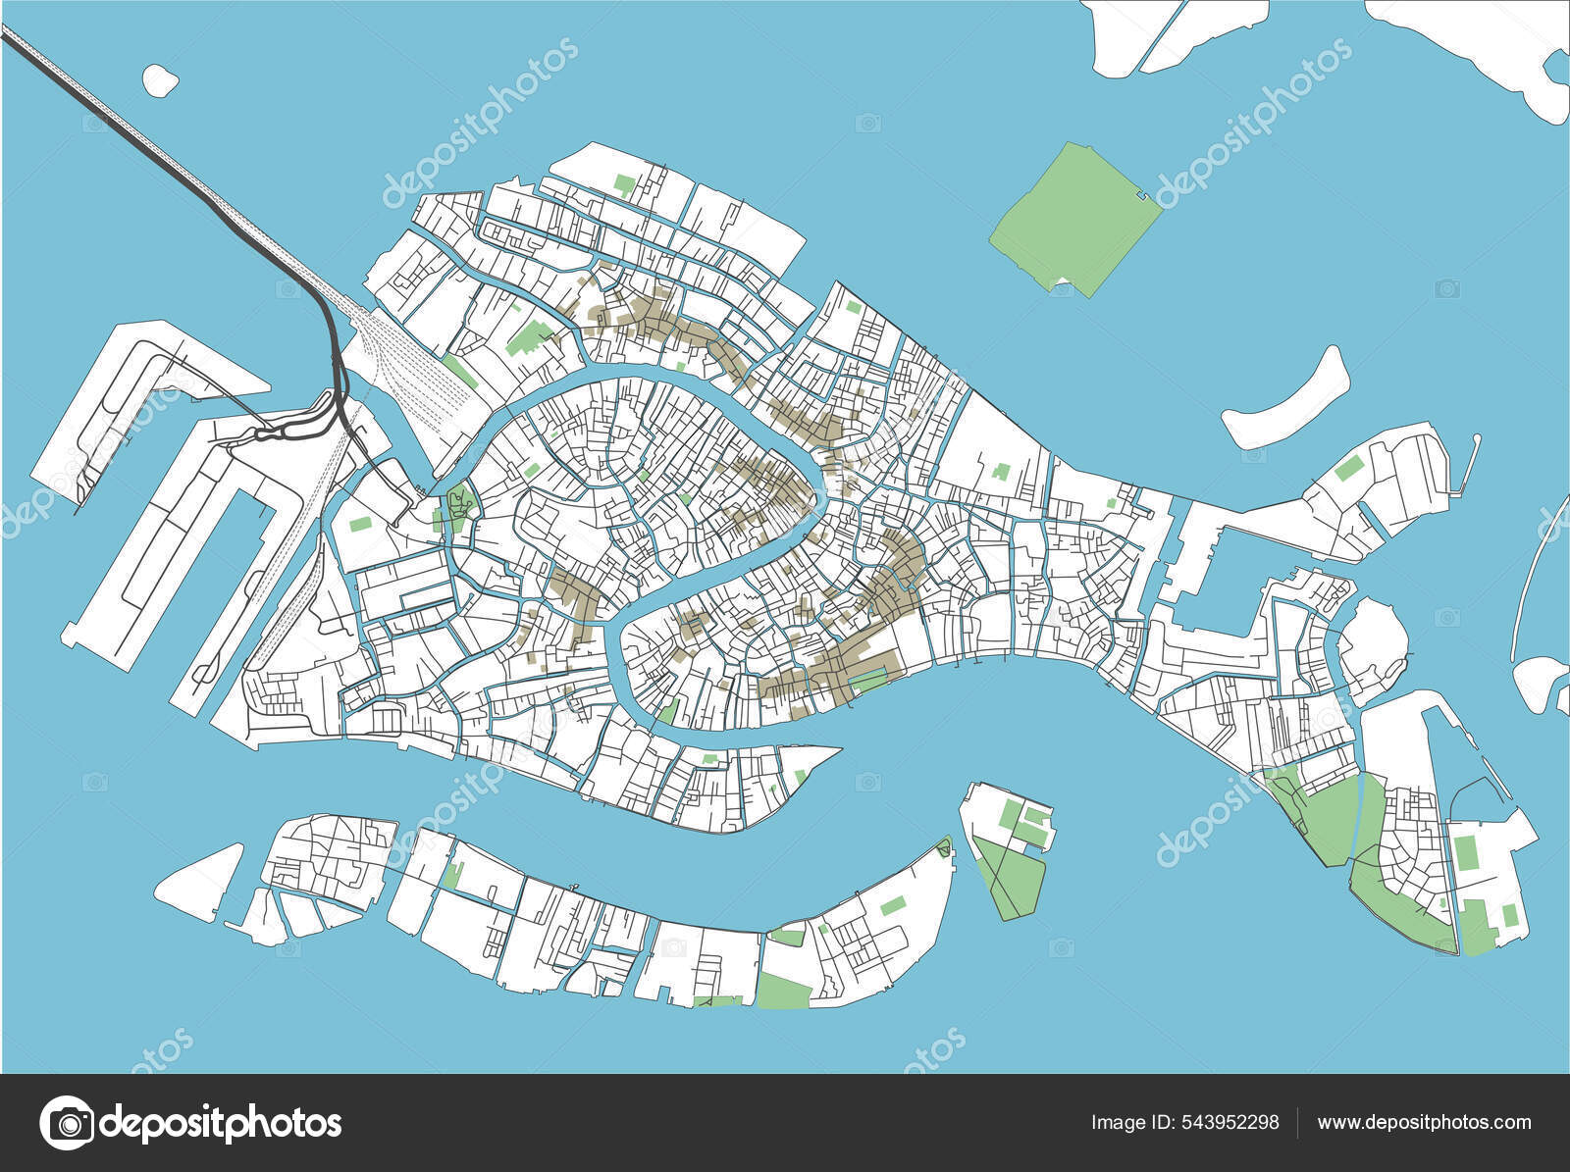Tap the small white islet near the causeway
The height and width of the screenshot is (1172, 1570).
click(160, 79)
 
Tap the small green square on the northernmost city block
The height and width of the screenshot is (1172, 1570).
click(624, 182)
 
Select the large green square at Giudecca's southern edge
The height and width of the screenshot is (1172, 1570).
click(783, 990)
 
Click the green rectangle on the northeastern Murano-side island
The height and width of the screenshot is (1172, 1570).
click(1349, 468)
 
